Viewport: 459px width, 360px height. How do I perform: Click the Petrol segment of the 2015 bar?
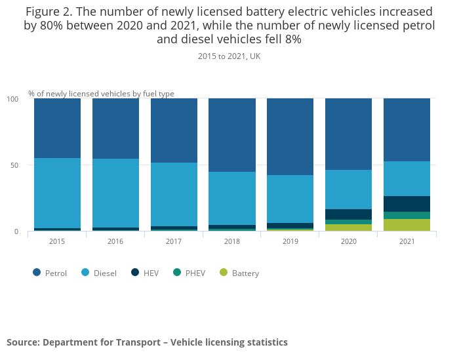point(57,128)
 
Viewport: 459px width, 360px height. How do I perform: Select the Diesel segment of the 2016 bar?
point(115,193)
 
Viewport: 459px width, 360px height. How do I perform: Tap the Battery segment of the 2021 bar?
point(407,225)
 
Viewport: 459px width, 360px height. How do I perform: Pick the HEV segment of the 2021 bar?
point(407,204)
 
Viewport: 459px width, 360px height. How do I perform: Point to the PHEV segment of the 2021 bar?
point(407,215)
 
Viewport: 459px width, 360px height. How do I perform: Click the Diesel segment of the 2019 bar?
point(290,199)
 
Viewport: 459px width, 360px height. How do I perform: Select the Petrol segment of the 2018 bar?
point(232,135)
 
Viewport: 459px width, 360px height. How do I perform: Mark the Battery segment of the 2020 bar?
point(348,228)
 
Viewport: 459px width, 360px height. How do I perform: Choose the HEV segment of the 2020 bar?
point(348,214)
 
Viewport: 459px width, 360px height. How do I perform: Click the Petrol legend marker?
point(37,273)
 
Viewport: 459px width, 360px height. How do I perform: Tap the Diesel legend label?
point(105,273)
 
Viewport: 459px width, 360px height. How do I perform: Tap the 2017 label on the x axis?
point(174,241)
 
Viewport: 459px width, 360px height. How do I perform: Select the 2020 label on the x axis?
point(348,241)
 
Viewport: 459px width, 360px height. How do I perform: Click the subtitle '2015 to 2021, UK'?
point(229,56)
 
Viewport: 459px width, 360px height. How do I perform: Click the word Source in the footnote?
point(22,342)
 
